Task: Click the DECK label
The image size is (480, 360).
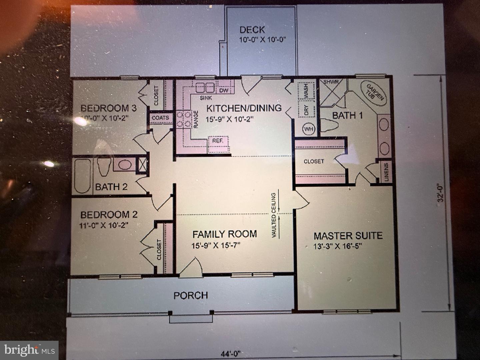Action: (252, 30)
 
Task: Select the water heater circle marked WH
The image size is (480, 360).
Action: (308, 129)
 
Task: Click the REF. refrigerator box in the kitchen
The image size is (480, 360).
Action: (218, 141)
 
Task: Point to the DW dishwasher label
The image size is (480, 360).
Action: (223, 90)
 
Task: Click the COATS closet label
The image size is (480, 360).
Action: (160, 118)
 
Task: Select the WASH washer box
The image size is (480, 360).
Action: (306, 91)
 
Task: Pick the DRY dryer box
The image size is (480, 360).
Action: (307, 110)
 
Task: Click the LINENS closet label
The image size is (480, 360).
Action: (386, 172)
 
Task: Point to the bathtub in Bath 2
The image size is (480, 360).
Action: (82, 176)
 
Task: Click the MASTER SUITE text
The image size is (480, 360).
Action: (348, 236)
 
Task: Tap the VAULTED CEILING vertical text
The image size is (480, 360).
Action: (274, 215)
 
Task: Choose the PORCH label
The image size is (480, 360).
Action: (191, 295)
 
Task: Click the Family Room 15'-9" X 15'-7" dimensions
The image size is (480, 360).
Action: (216, 246)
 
